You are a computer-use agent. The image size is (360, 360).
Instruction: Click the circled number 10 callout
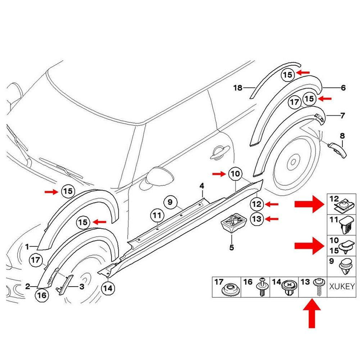click(x=235, y=174)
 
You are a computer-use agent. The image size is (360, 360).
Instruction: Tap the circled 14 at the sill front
click(x=108, y=288)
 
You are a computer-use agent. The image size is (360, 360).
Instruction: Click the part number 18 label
click(x=237, y=87)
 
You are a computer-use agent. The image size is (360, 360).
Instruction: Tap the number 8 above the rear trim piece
click(x=342, y=136)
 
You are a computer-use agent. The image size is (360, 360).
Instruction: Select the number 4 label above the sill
click(x=202, y=186)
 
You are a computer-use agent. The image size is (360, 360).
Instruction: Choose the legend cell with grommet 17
click(x=226, y=287)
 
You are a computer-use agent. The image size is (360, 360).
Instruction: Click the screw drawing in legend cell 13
click(x=319, y=287)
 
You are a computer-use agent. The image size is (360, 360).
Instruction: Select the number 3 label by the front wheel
click(x=82, y=287)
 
